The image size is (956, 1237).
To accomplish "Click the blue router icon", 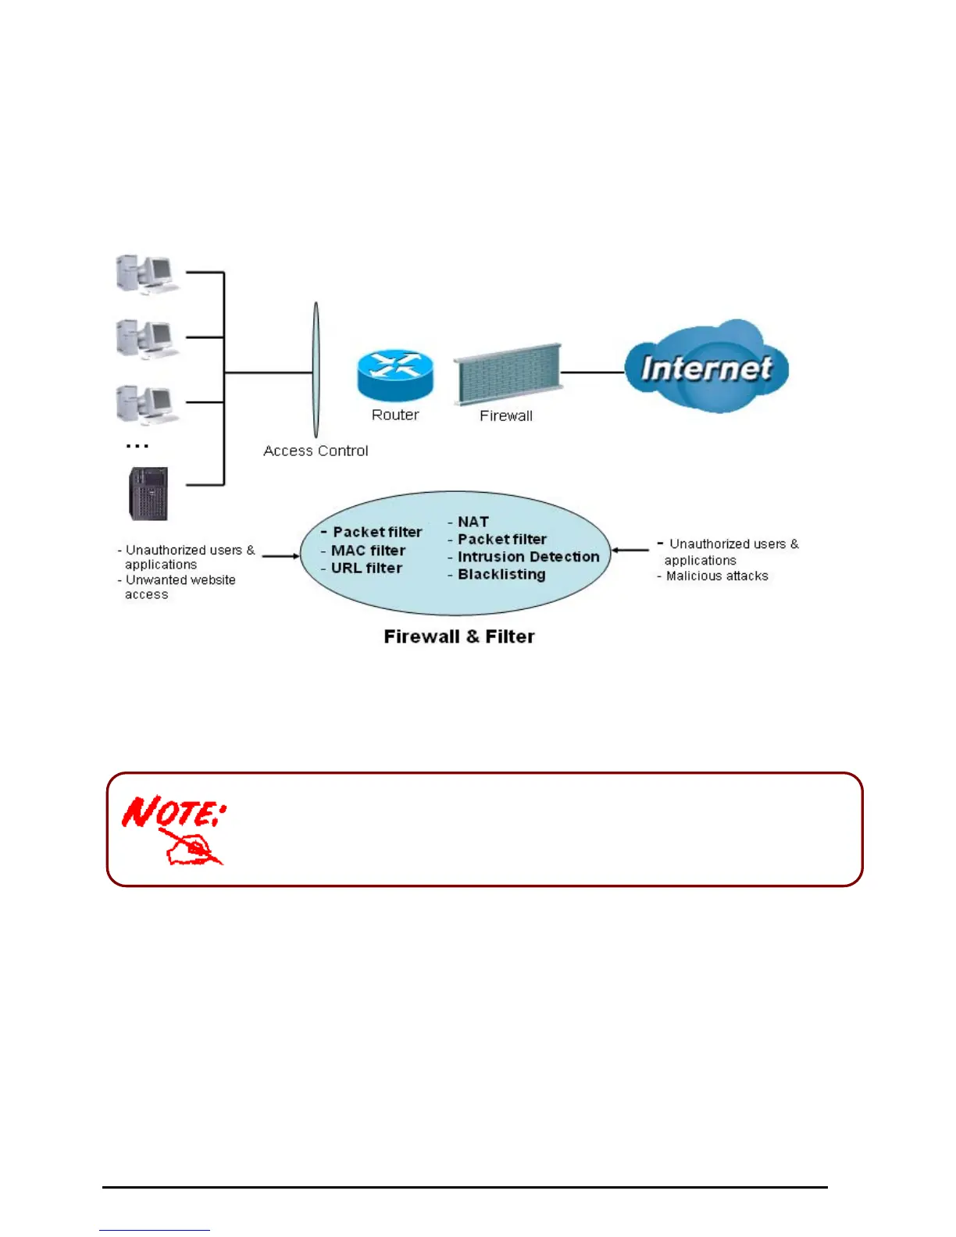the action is coord(395,375).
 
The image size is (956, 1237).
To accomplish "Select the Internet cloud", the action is coord(706,367).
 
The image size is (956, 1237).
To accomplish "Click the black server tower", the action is coord(148,494).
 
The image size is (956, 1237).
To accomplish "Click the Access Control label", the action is coord(316,451).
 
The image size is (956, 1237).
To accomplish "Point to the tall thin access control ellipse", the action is coord(316,370).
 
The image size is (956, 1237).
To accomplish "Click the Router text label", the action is coord(395,415).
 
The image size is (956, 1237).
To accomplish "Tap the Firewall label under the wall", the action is coord(506,416).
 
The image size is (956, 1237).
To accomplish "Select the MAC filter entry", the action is coord(368,551).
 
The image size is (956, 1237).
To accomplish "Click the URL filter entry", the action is coord(366,569).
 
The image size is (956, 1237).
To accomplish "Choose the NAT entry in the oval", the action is coord(473,522).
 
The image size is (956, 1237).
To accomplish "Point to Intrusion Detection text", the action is coord(528,557).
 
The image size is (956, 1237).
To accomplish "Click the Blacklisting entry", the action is coord(501,575).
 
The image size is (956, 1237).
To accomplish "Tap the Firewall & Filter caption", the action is coord(459,637).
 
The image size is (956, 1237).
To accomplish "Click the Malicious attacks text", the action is coord(717,576).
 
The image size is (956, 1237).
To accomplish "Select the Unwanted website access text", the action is coord(180,587).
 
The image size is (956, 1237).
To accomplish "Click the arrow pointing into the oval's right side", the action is coord(630,551).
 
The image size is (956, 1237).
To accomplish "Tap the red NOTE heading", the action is coord(173,811).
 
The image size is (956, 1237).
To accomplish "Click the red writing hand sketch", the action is coord(191,847).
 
